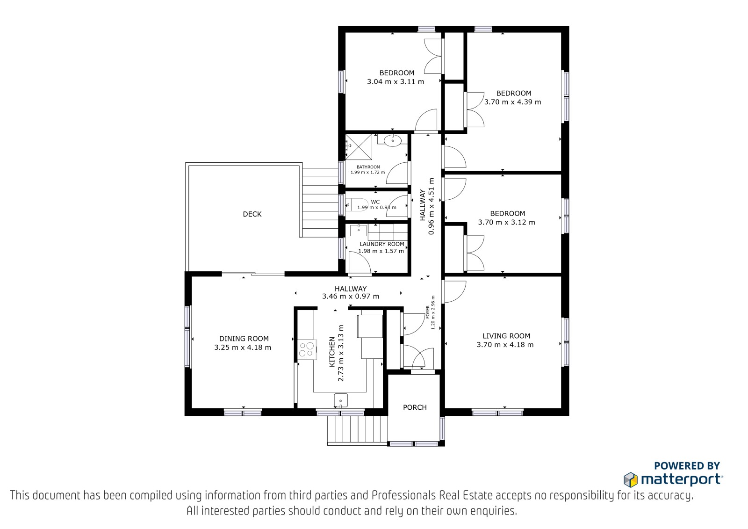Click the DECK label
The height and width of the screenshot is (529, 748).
click(252, 214)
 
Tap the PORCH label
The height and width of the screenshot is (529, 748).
click(415, 407)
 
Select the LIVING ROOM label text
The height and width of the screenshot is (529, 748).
click(506, 336)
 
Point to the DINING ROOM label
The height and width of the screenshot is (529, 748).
click(244, 339)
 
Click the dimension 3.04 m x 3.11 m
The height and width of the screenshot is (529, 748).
click(396, 81)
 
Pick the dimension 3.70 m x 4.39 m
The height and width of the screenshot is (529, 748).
click(513, 102)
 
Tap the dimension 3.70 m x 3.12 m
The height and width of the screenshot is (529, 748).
click(507, 222)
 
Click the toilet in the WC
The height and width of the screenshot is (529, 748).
click(356, 204)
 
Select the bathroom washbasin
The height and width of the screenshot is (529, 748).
click(392, 140)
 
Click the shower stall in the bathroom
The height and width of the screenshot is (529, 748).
click(359, 147)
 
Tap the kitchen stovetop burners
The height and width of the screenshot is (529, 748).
click(307, 349)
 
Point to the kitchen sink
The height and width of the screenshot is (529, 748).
click(341, 400)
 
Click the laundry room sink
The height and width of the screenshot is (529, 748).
click(358, 230)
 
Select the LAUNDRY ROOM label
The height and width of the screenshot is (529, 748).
click(382, 244)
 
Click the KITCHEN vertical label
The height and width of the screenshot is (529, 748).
click(332, 352)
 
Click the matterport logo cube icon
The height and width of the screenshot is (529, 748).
click(631, 479)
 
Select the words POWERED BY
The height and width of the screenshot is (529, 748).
click(687, 466)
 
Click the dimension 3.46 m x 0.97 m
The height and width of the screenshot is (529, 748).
click(351, 297)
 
